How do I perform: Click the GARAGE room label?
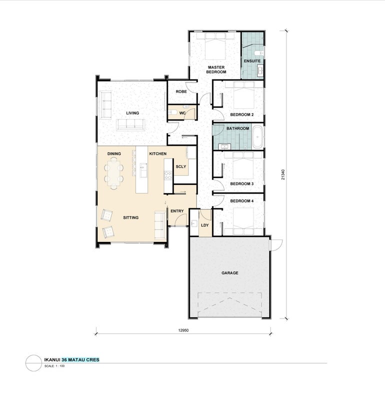coord(229,273)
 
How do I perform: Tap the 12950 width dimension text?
coord(183,330)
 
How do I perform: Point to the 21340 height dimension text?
coord(283,174)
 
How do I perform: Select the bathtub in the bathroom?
coord(257,137)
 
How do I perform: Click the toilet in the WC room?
coord(173,112)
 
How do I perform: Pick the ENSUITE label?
coord(252,61)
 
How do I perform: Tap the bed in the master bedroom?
coord(215,46)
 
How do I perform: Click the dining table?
coord(113,173)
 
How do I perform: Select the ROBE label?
coord(181,91)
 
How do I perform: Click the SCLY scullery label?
coord(181,166)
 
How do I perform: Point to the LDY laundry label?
coord(205,225)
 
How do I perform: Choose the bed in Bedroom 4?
coord(243,221)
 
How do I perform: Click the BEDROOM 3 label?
coord(242,183)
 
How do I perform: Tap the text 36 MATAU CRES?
coord(80,359)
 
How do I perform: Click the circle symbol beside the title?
coord(33,363)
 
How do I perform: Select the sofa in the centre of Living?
coord(130,124)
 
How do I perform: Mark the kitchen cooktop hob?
coord(168,175)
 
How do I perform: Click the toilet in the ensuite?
coord(258,53)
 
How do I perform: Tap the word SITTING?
coord(130,217)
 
